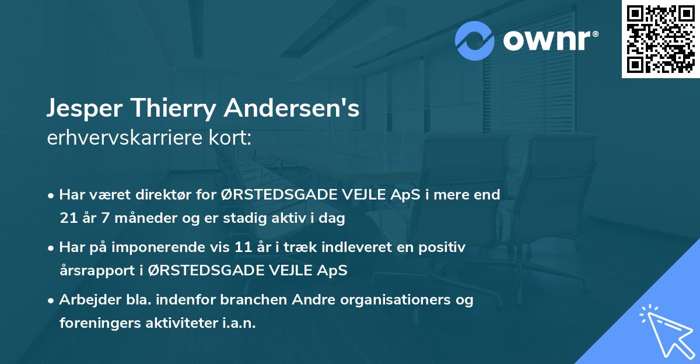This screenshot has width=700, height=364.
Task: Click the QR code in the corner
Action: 660,39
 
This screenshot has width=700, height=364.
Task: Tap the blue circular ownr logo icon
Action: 475,41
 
